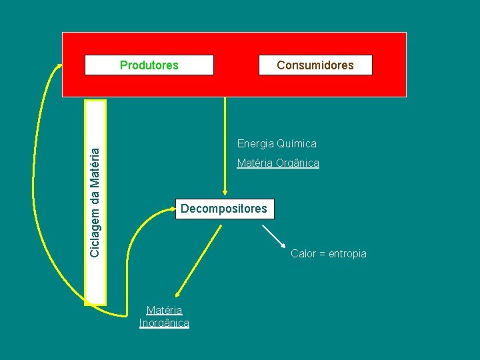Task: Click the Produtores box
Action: [149, 65]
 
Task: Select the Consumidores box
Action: [315, 65]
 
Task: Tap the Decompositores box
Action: [224, 209]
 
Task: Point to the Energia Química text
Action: [277, 143]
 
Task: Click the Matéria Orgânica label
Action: [278, 163]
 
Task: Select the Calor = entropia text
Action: [329, 253]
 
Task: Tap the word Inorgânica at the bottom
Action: [164, 323]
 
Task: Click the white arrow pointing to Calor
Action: [273, 237]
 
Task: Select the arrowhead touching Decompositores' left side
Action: [172, 209]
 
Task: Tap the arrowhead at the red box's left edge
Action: [58, 67]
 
